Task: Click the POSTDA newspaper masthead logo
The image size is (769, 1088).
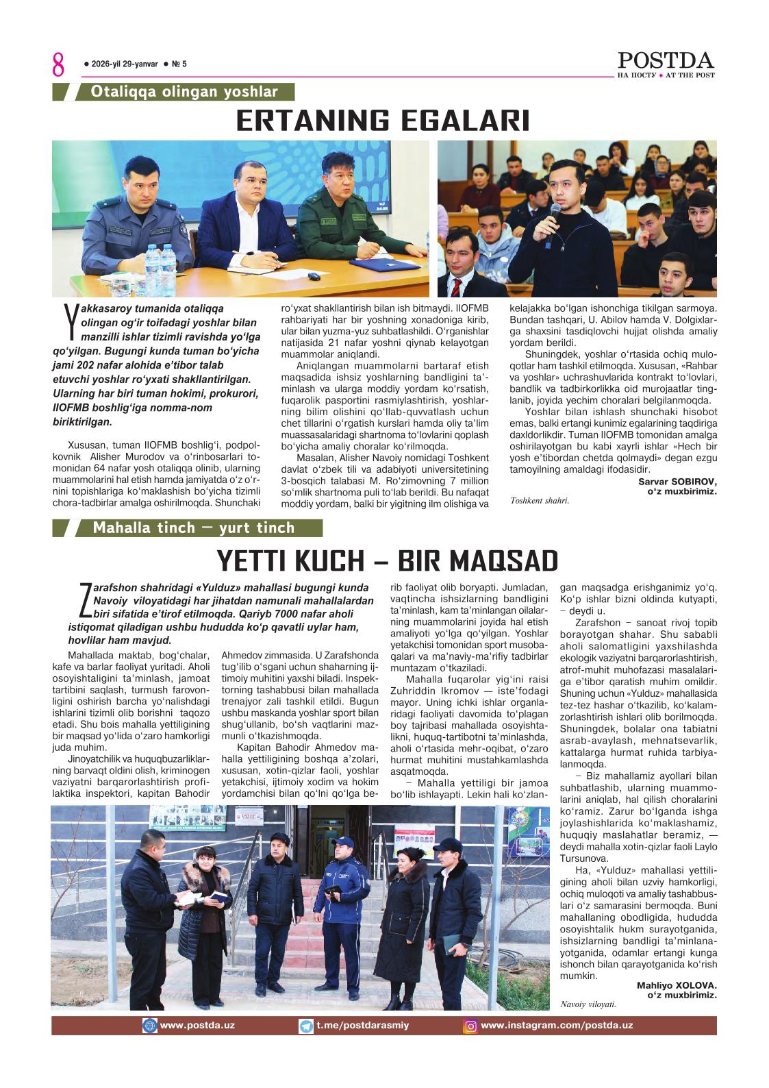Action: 666,61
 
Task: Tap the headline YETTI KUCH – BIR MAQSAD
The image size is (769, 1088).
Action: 387,560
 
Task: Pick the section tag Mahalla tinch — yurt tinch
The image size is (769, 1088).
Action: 194,528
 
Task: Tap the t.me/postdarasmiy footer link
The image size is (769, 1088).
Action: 353,1026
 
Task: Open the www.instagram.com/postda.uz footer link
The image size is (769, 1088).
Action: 556,1026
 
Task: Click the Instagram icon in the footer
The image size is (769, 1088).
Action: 471,1026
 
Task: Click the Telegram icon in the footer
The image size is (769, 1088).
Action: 306,1026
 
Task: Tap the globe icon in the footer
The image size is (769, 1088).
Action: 149,1026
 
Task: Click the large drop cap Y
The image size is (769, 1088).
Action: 69,322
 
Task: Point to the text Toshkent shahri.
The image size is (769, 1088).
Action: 540,500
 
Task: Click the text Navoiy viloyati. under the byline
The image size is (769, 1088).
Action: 588,1004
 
